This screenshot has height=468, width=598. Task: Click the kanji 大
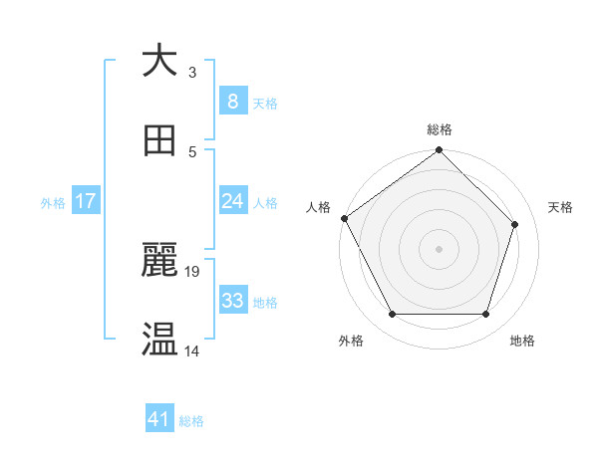pos(159,61)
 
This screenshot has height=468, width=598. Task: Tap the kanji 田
pos(159,141)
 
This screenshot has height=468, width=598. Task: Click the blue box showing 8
pos(232,102)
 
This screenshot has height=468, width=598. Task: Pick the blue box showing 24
pos(232,201)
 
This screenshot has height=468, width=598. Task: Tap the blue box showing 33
pos(232,301)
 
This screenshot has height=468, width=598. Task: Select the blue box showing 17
pos(86,201)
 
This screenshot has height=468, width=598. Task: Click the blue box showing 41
pos(159,420)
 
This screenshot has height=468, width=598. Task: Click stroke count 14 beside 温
pos(192,351)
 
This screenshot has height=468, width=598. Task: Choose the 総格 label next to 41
pos(191,421)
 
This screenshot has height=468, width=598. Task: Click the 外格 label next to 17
pos(53,202)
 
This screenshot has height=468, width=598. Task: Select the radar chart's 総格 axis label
pos(440,129)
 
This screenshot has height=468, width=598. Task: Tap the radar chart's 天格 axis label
pos(561,207)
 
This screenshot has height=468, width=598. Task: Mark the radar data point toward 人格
pos(345,218)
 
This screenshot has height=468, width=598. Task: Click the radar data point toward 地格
pos(486,315)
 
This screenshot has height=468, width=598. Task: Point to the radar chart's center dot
pos(440,248)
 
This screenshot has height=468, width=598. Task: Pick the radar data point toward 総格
pos(440,150)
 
